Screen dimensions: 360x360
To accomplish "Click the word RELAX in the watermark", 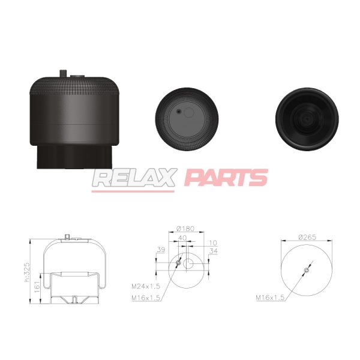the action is (x=135, y=178).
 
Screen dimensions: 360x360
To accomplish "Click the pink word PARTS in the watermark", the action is (x=226, y=177).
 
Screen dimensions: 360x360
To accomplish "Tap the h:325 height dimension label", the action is (x=27, y=272).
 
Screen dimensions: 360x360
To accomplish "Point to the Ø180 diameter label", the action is (x=185, y=229).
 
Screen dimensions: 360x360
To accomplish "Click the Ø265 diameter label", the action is (x=307, y=237).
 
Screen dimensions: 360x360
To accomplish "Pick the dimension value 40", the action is (x=182, y=238).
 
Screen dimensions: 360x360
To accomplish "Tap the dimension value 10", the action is (x=213, y=242).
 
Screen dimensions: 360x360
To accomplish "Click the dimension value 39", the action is (x=161, y=250).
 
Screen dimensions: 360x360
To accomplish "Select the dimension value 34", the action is (x=213, y=251).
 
